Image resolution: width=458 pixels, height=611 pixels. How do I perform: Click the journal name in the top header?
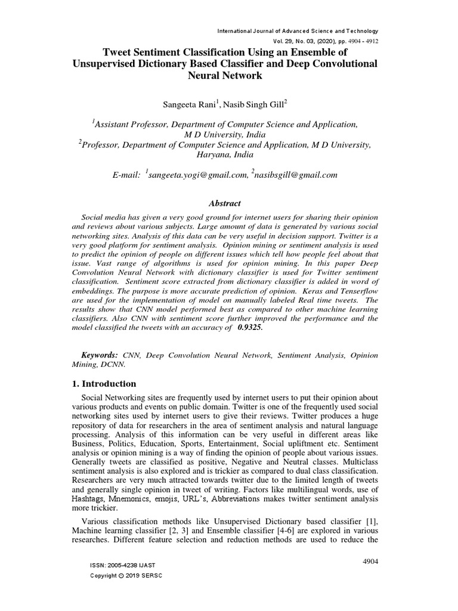[x=298, y=31]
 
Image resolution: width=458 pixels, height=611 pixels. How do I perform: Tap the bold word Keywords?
[x=98, y=355]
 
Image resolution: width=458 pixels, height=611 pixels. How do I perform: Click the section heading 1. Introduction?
[x=101, y=384]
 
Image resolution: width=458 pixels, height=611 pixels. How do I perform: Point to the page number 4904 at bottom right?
[x=370, y=562]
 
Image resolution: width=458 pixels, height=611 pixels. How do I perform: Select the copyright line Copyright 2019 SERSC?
[x=125, y=575]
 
